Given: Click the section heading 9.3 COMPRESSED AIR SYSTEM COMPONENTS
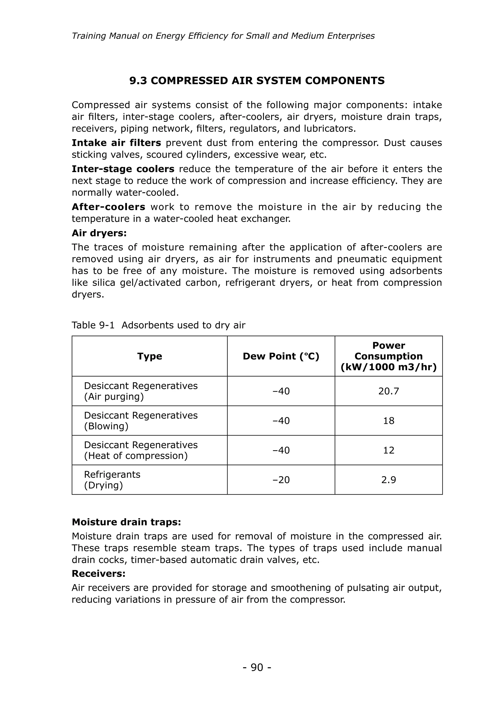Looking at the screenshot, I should [x=257, y=81].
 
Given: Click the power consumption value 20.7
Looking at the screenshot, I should [x=389, y=391].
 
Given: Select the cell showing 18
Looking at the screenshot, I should [x=389, y=421].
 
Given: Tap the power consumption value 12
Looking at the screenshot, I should [x=389, y=450].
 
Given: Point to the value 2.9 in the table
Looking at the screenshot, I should [x=389, y=480].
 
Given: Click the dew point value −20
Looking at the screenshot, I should [x=281, y=480].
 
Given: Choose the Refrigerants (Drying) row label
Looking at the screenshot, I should [x=112, y=480].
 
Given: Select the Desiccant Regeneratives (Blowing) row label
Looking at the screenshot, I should [x=141, y=421].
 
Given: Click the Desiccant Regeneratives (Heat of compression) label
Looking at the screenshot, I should [x=141, y=450].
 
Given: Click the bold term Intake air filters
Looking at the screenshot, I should [x=116, y=143].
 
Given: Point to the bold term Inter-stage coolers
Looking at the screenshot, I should [x=123, y=169].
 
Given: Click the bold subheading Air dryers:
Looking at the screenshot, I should [x=99, y=233].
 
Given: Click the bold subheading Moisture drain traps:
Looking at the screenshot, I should [x=126, y=522].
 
